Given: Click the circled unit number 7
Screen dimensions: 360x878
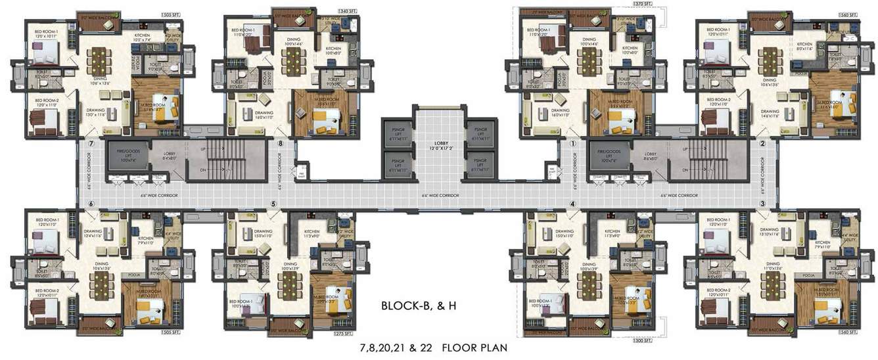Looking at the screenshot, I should click(x=91, y=143).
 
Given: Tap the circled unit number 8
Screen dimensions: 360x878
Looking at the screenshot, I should click(x=281, y=143).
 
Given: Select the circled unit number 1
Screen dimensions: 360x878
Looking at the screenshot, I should click(x=572, y=143).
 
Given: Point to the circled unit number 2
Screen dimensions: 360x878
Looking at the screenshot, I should click(x=762, y=143).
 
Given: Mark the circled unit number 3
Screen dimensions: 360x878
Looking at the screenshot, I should click(x=762, y=204).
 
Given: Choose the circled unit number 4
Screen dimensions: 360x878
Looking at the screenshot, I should click(x=572, y=204).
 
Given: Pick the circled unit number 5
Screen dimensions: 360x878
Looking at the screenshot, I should click(x=273, y=204).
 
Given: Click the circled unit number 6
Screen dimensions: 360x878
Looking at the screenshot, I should click(x=91, y=204).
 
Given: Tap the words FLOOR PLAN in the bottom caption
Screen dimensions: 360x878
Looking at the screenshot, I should click(x=474, y=346).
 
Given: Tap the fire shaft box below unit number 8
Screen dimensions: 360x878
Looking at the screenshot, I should click(x=300, y=170).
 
